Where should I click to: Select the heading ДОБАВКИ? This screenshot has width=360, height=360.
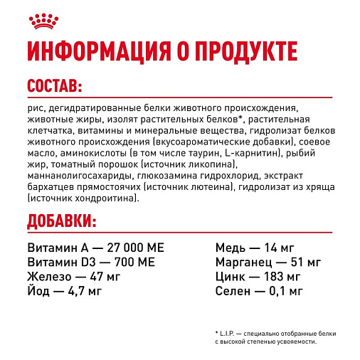[x=60, y=221]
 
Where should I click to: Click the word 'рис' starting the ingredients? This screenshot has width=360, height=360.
[x=33, y=108]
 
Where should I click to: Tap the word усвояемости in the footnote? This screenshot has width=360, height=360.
[x=294, y=343]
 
